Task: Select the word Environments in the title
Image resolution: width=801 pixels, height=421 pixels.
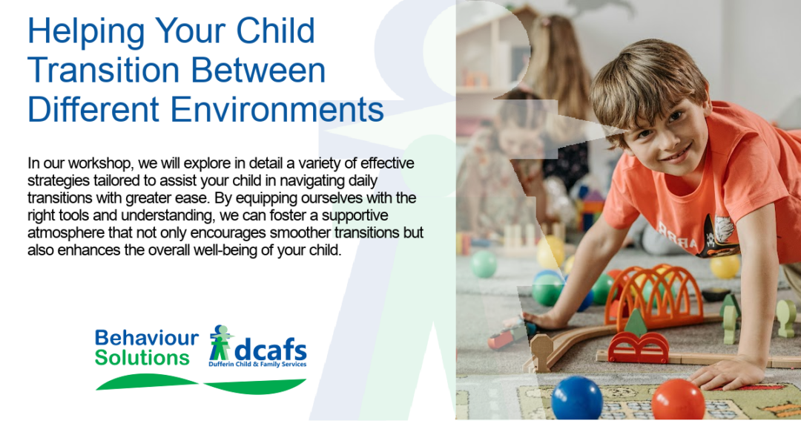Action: coord(277,109)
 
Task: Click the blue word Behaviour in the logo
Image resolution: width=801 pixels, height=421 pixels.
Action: coord(147,338)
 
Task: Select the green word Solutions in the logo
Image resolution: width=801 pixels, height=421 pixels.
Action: coord(142,358)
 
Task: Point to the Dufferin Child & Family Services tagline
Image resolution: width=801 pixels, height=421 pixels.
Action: coord(257,365)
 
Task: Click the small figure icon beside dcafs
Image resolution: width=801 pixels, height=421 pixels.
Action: coord(221,342)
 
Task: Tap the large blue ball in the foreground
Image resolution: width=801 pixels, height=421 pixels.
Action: coord(577,398)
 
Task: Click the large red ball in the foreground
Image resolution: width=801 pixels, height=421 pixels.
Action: coord(678,399)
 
